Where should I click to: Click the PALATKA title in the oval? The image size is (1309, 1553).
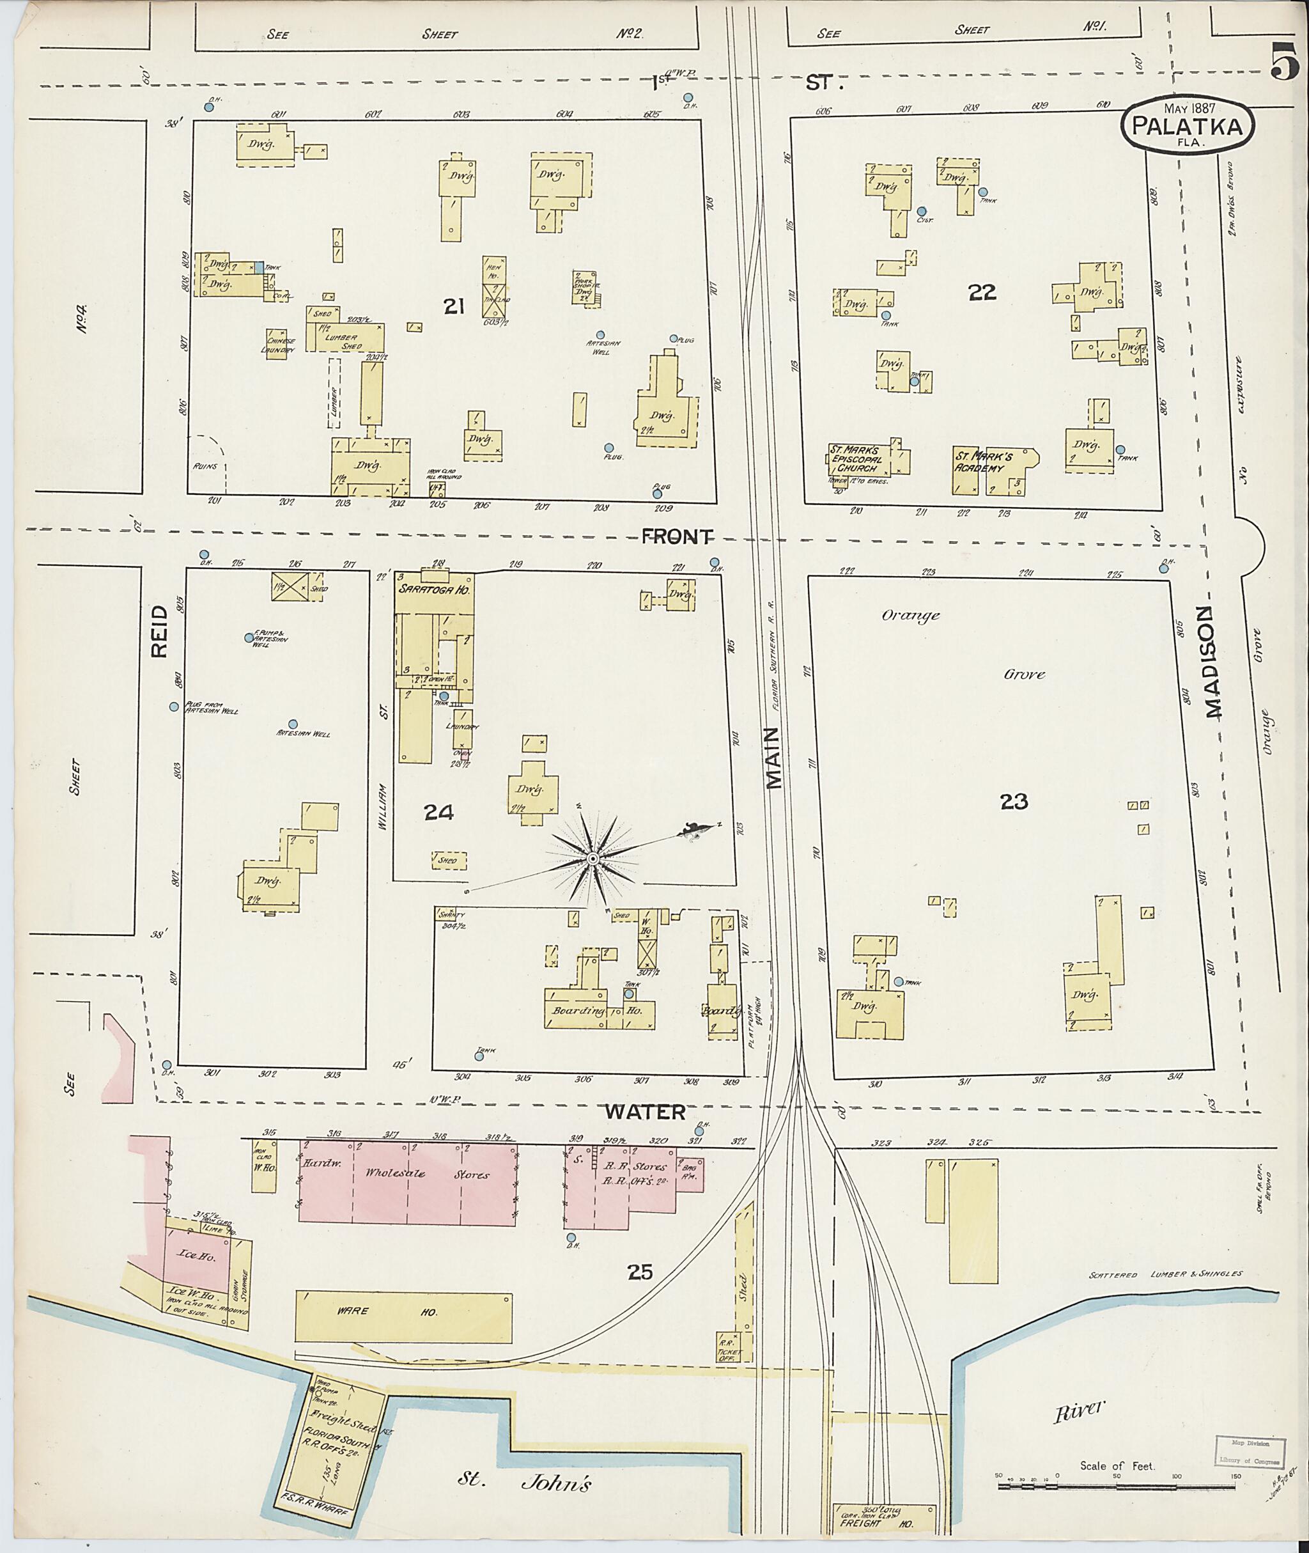(1188, 127)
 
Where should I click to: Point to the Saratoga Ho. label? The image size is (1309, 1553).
(426, 588)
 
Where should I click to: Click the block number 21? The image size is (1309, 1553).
(453, 305)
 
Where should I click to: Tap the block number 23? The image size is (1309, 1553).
(1014, 801)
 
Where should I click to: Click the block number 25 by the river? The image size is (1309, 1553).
(640, 1272)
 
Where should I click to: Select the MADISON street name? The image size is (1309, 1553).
(1212, 663)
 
